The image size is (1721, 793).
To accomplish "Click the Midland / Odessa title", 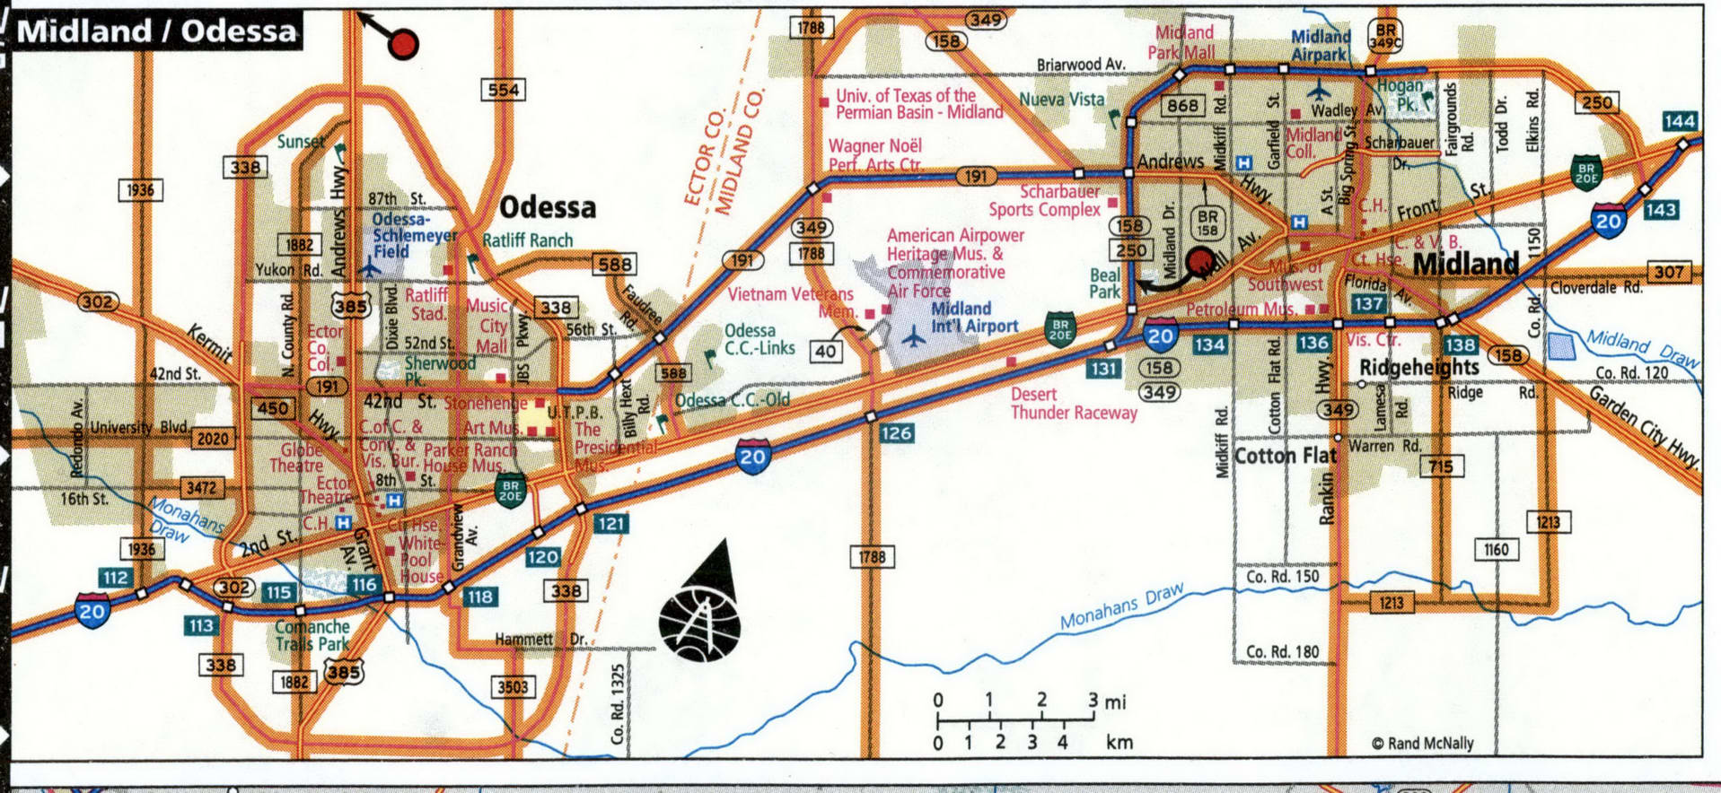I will [x=157, y=31].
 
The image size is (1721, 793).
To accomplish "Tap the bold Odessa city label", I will [x=547, y=207].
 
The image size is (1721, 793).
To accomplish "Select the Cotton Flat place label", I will [x=1286, y=456].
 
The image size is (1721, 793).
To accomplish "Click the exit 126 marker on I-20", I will [x=895, y=433].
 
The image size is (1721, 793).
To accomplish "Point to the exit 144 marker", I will [x=1679, y=121].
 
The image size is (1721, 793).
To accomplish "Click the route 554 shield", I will [x=504, y=90].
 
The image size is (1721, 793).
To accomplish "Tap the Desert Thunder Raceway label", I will [x=1073, y=404].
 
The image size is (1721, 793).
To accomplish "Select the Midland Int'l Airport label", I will [x=974, y=318].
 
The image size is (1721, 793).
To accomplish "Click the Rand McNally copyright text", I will [x=1423, y=743].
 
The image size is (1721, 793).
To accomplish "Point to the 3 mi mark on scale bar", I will [x=1093, y=701].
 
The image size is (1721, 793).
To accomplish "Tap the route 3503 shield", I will [x=513, y=687].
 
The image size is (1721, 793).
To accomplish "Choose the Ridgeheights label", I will [x=1418, y=367].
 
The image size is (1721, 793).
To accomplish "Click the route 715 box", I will [x=1441, y=466].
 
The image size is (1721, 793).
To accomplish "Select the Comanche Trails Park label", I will [x=312, y=635].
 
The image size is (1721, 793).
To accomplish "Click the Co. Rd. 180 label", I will [x=1282, y=651].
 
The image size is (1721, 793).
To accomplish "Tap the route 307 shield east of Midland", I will [x=1669, y=272].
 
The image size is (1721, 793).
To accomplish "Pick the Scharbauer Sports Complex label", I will [x=1045, y=201].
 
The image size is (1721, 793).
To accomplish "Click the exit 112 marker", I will [x=116, y=577].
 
